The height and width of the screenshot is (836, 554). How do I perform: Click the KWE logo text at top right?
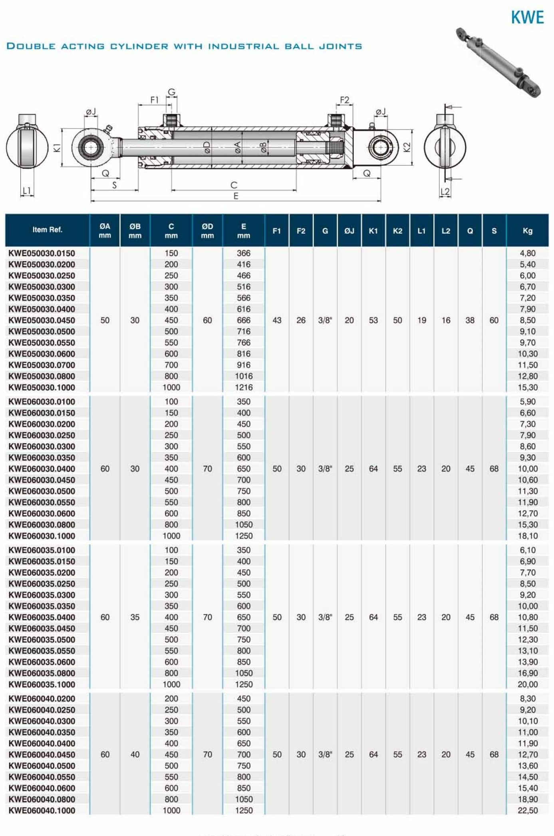(x=527, y=18)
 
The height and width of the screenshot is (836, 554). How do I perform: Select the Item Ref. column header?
(x=48, y=230)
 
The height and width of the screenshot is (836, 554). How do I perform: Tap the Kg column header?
(x=527, y=230)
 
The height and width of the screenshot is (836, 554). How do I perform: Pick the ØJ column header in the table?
(x=349, y=230)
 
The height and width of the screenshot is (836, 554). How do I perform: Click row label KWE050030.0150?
(x=42, y=253)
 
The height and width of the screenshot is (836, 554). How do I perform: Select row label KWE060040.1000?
(x=42, y=810)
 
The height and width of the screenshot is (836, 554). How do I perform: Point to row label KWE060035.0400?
(x=42, y=617)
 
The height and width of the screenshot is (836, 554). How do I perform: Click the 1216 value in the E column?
(x=244, y=387)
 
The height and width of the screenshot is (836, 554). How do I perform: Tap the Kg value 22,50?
(x=528, y=810)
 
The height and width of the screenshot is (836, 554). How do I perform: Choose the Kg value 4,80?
(x=528, y=253)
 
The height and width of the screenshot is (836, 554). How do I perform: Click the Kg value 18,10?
(x=528, y=536)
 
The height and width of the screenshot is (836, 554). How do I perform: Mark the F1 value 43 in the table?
(x=277, y=320)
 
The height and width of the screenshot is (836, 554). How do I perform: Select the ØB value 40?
(x=135, y=755)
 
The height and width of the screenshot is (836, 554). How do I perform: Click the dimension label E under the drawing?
(x=236, y=196)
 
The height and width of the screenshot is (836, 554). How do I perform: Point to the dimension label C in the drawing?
(x=234, y=185)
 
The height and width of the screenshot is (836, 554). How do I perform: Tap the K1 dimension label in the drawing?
(x=57, y=147)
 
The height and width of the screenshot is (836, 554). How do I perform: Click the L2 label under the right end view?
(x=445, y=192)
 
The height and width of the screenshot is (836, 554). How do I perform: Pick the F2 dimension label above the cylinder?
(x=344, y=100)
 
